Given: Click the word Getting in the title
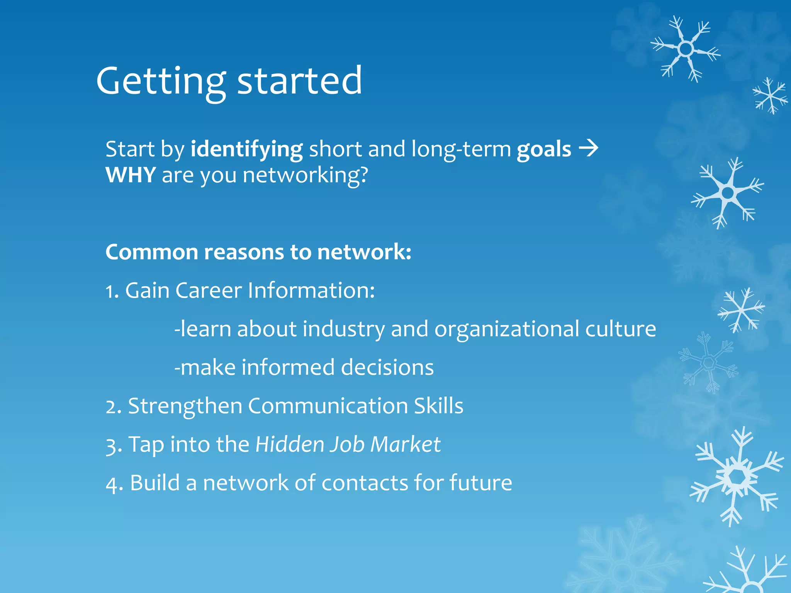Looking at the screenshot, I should (160, 81).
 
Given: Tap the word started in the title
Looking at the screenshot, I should (299, 81).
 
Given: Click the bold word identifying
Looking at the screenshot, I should (246, 149).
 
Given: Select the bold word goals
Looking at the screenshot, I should (544, 149).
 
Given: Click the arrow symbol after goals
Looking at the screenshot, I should (588, 148).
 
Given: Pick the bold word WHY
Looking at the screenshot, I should (131, 175).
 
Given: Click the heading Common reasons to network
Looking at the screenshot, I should (258, 252).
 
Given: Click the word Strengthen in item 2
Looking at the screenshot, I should (185, 407).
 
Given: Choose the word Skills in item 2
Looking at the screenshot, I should (438, 406).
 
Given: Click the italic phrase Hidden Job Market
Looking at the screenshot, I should (348, 444).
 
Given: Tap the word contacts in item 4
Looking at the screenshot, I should (364, 483).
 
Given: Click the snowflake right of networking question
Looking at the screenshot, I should (728, 193).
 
